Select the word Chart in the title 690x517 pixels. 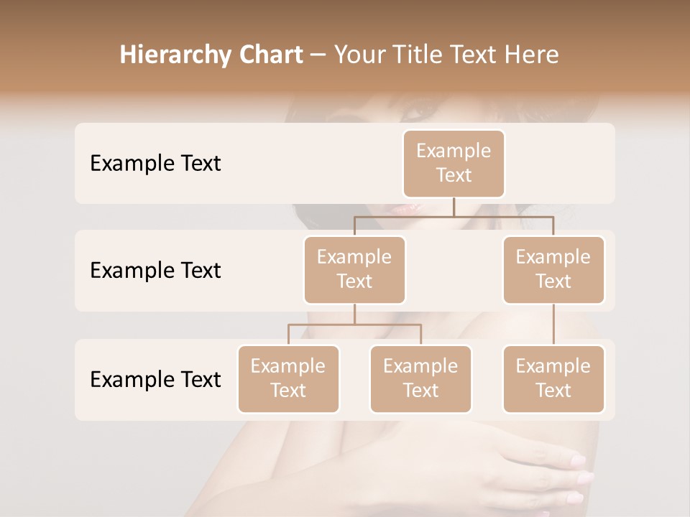(x=268, y=55)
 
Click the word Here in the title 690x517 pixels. (x=531, y=55)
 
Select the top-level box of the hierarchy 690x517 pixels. (x=454, y=164)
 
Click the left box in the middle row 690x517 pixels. (x=354, y=270)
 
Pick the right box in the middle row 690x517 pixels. (x=553, y=270)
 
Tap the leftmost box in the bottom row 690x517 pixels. (x=288, y=379)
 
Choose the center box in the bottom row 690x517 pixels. (x=420, y=379)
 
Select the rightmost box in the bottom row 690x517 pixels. (x=553, y=379)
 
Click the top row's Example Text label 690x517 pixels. (x=155, y=164)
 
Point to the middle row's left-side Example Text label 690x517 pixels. (x=155, y=271)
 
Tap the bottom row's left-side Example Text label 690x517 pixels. (x=155, y=380)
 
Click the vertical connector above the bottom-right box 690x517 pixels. (x=553, y=325)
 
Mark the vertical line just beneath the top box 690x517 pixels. (x=454, y=206)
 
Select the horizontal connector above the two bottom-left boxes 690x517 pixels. (x=354, y=325)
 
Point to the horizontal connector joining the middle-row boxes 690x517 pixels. (x=454, y=215)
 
